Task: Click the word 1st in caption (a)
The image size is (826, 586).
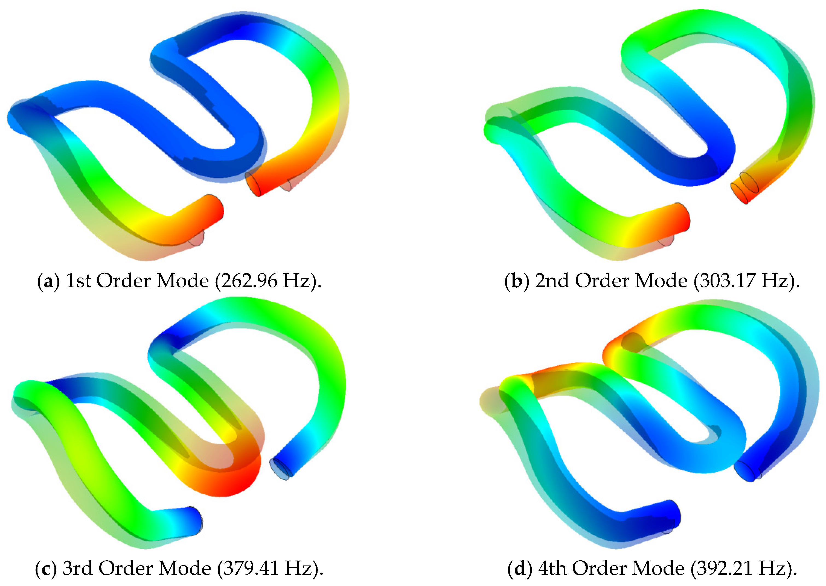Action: tap(78, 280)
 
